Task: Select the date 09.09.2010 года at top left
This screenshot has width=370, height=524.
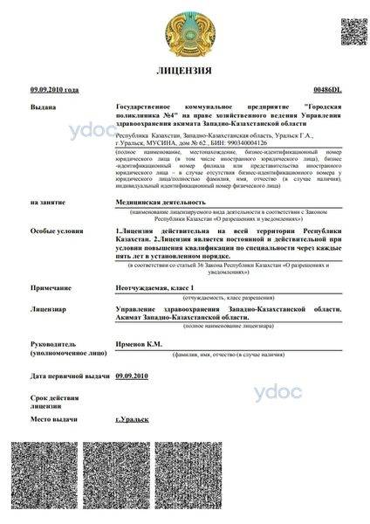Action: point(54,90)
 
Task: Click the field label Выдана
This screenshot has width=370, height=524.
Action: point(43,106)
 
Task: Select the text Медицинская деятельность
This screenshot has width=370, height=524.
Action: point(154,201)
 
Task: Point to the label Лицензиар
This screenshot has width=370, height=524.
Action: point(48,308)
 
